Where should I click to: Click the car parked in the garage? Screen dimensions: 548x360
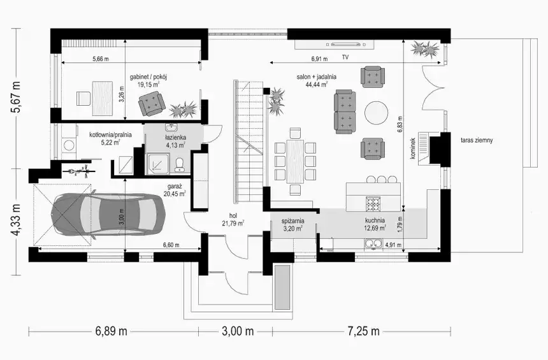[108, 215]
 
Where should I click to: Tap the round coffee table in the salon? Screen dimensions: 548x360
[377, 113]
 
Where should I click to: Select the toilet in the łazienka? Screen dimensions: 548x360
[180, 164]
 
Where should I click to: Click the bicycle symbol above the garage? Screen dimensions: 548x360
[80, 171]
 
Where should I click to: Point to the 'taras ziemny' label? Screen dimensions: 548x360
[477, 141]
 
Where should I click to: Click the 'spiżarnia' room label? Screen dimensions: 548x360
[292, 221]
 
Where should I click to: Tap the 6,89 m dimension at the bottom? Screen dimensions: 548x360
[111, 331]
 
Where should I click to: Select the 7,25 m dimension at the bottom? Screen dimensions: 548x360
[363, 331]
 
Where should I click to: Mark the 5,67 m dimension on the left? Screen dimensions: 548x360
[16, 97]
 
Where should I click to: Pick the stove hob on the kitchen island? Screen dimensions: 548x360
[373, 204]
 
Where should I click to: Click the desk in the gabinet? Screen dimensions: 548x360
[103, 99]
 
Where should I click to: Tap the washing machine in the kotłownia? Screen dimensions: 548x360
[69, 145]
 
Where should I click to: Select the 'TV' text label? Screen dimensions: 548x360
[345, 57]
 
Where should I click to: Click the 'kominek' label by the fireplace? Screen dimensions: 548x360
[413, 148]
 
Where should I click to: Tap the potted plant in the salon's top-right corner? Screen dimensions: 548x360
[424, 48]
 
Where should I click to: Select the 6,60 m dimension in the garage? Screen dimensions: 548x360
[171, 245]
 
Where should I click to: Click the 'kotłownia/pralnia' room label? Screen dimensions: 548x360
[110, 134]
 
